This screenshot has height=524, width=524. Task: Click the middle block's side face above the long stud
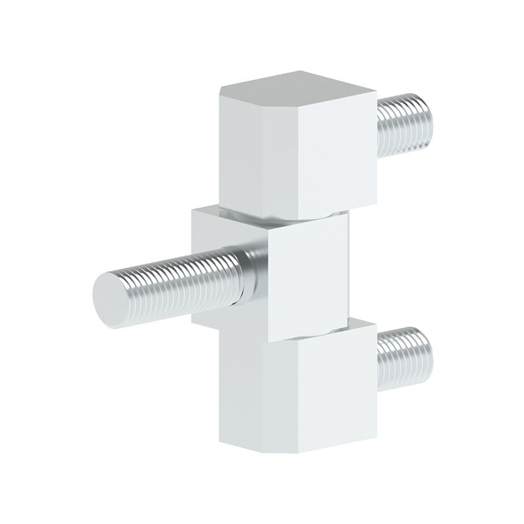pyautogui.click(x=219, y=229)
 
